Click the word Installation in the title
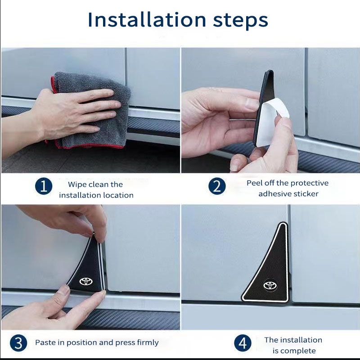(x=147, y=20)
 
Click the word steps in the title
(x=241, y=21)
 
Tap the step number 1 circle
(x=44, y=186)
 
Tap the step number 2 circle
(x=217, y=186)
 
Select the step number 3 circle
(x=18, y=343)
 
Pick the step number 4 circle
(x=243, y=343)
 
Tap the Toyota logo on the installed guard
(x=270, y=285)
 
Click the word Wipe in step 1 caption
(x=77, y=184)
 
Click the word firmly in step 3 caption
(x=148, y=342)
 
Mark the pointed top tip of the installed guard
(x=285, y=223)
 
